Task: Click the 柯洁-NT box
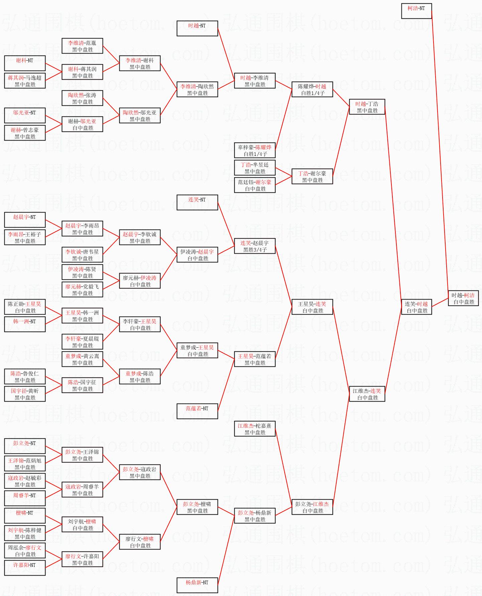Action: [416, 11]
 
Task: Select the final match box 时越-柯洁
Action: [463, 298]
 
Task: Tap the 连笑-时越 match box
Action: [416, 307]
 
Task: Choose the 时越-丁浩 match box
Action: [367, 107]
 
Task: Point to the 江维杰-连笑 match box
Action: [367, 394]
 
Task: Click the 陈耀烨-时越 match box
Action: [312, 89]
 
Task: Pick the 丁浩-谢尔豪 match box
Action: [312, 176]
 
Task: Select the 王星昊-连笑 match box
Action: [312, 307]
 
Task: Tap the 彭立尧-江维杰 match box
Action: [312, 507]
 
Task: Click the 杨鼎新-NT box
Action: [197, 585]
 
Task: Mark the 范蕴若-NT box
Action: [197, 411]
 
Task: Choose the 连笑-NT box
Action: [197, 202]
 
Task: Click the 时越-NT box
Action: [197, 28]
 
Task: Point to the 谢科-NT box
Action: [25, 63]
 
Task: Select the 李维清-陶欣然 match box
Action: [197, 89]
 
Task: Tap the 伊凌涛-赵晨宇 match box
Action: [197, 255]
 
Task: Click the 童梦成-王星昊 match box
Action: [197, 350]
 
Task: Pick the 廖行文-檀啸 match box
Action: [140, 542]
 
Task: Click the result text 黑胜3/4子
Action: [255, 250]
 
